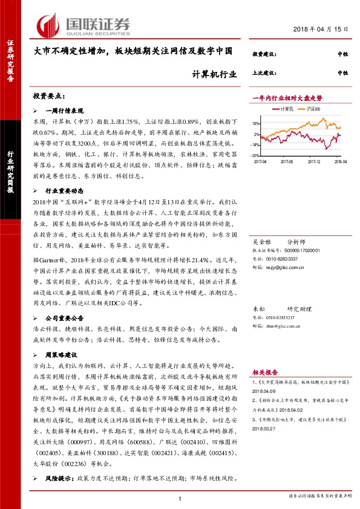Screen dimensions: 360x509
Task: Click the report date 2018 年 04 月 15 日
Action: [321, 30]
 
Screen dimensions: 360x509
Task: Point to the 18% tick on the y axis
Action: [256, 123]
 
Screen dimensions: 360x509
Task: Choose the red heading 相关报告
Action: [265, 372]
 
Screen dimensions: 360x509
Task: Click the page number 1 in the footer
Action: [180, 498]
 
